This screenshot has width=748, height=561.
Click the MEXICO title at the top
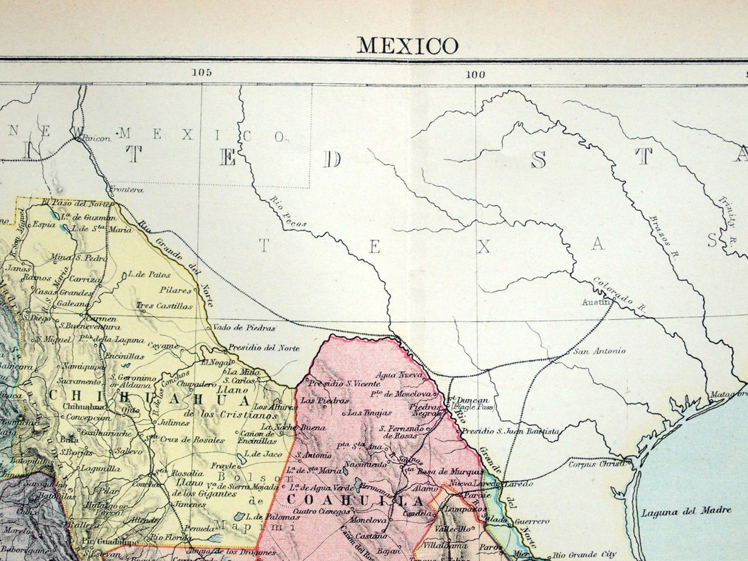pos(407,46)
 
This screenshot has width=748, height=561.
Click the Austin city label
pos(598,302)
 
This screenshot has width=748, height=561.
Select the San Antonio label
pos(599,351)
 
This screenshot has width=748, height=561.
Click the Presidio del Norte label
pos(264,348)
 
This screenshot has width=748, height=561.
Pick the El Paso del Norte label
pos(75,204)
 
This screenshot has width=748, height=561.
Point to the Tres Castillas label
pos(164,305)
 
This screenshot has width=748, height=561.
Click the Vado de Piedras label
pos(244,328)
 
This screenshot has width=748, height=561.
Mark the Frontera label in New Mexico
pos(125,189)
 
